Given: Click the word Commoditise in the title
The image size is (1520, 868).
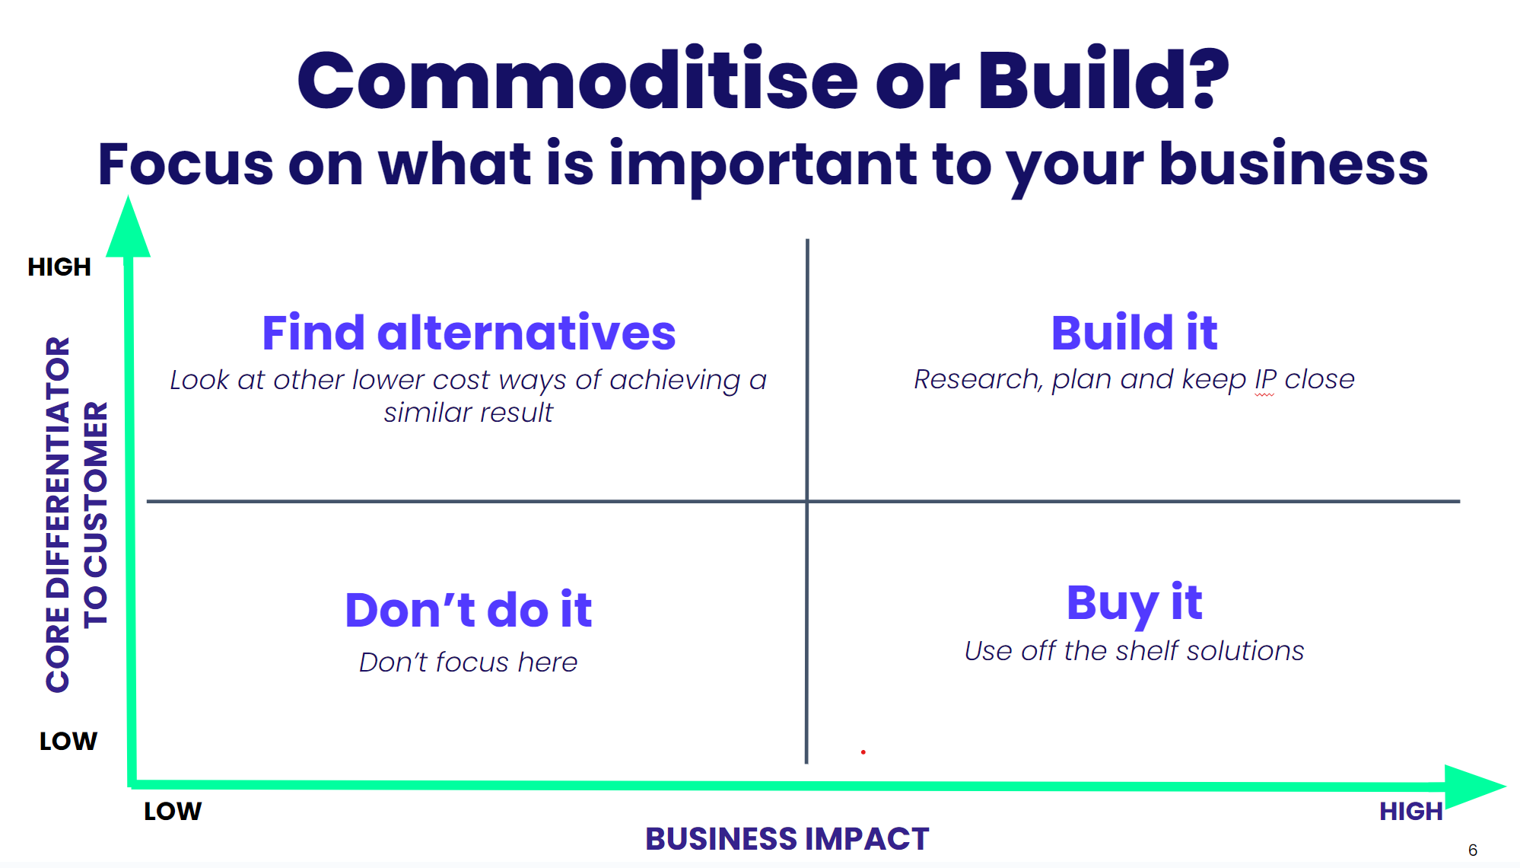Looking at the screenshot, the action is pyautogui.click(x=577, y=79).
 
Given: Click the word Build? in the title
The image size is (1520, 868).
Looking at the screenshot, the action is pyautogui.click(x=1103, y=78).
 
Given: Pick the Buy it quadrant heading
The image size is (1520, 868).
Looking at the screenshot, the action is pyautogui.click(x=1134, y=603).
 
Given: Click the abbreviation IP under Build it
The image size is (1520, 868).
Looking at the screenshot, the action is pyautogui.click(x=1265, y=379).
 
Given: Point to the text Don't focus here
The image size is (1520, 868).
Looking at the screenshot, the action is pyautogui.click(x=469, y=662).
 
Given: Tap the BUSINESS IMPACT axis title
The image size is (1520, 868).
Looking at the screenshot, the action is pyautogui.click(x=787, y=838).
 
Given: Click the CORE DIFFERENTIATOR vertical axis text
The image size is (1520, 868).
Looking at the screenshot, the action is pyautogui.click(x=58, y=515).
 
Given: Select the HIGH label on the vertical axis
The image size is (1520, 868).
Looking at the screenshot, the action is pyautogui.click(x=59, y=266).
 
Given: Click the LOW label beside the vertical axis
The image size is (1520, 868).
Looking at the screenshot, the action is pyautogui.click(x=68, y=741).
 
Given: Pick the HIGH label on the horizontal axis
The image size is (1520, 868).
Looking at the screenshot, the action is pyautogui.click(x=1411, y=811).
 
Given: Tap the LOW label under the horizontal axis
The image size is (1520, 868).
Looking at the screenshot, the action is pyautogui.click(x=173, y=811).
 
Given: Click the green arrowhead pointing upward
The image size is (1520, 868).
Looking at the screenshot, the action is pyautogui.click(x=128, y=228).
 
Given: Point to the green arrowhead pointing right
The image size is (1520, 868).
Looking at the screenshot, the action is pyautogui.click(x=1474, y=787).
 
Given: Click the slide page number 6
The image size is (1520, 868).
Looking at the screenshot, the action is pyautogui.click(x=1473, y=850).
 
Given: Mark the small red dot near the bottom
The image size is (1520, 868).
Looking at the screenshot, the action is pyautogui.click(x=863, y=752).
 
